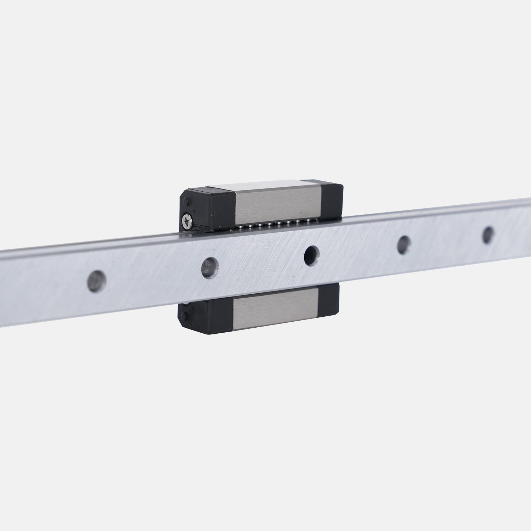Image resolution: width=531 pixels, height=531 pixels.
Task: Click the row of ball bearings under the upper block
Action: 269,225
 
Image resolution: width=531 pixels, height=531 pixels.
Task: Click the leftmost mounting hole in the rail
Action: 97,281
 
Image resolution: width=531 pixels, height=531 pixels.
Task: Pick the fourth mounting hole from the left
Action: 403,243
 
